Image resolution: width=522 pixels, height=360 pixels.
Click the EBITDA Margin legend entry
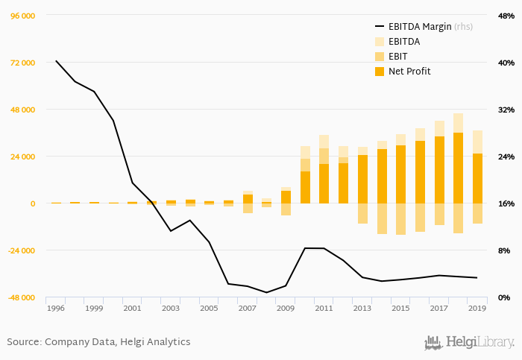[420, 27]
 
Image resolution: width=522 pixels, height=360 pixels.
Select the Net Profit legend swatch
[379, 72]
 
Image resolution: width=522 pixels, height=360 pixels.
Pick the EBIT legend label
[399, 57]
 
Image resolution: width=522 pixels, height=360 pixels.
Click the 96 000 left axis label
[22, 16]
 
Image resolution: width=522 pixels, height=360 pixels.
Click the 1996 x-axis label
[56, 308]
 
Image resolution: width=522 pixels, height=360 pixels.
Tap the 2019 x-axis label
[477, 308]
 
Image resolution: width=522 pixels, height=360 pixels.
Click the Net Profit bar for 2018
[458, 168]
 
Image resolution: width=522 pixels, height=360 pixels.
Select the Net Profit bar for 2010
[305, 187]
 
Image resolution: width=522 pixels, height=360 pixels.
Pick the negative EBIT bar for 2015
[400, 219]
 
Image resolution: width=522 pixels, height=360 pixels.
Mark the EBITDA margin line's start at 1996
[56, 60]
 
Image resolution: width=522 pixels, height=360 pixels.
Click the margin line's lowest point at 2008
[267, 292]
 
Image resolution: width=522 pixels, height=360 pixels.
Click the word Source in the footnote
[22, 342]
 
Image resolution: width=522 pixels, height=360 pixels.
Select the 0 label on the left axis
[32, 203]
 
